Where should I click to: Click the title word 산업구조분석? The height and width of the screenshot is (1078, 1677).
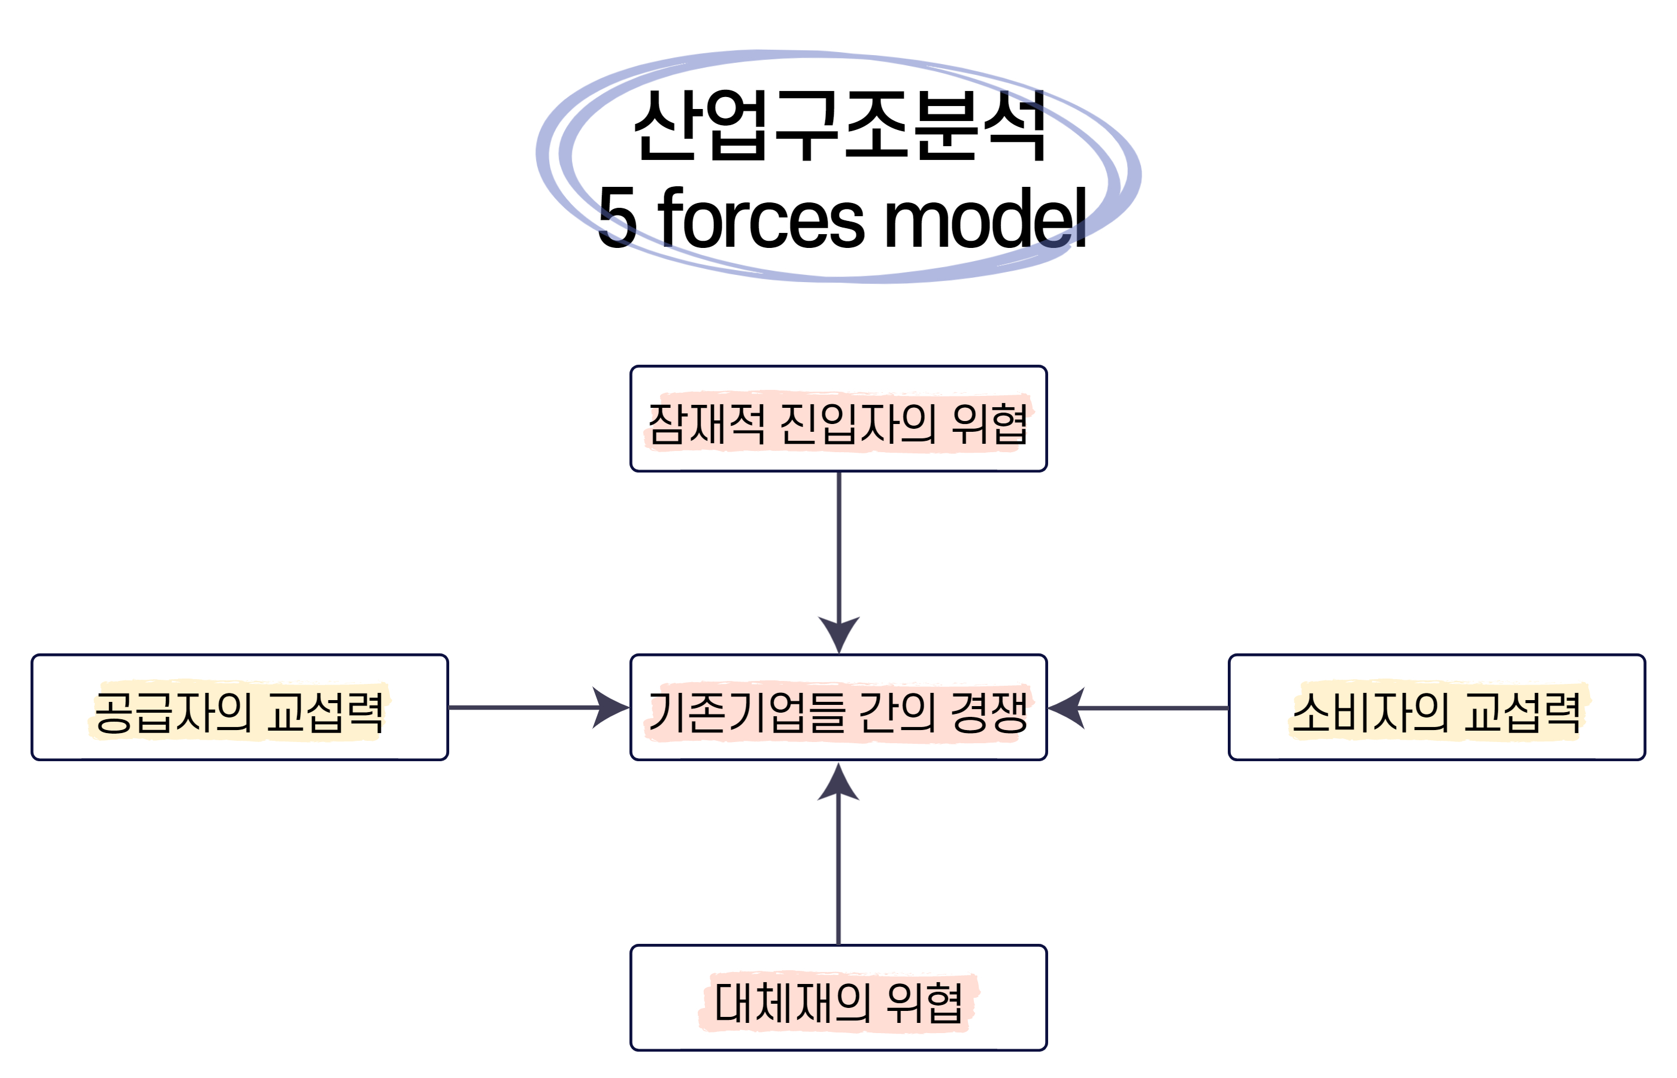(839, 126)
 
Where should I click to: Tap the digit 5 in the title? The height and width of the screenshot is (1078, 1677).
(617, 219)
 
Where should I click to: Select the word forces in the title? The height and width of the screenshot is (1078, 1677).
(761, 219)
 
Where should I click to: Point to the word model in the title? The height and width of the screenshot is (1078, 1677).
(985, 219)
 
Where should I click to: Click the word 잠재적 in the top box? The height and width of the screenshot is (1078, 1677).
(706, 423)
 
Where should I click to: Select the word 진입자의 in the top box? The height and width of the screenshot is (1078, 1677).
(858, 423)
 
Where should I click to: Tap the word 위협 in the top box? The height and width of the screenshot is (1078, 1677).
(989, 423)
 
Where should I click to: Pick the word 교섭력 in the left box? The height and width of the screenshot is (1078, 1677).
(325, 713)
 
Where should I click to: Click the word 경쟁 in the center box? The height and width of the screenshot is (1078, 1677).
(989, 713)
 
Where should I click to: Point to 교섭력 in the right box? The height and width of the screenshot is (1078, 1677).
(1522, 713)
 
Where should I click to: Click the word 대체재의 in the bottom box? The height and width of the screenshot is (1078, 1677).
(792, 1003)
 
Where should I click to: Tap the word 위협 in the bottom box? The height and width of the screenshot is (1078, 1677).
(924, 1003)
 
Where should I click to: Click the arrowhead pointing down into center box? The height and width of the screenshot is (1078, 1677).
(839, 634)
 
